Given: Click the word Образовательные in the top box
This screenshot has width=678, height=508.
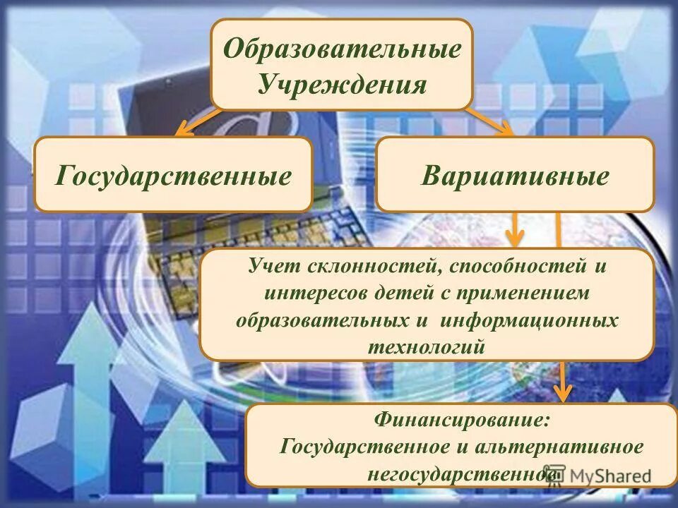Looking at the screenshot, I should pyautogui.click(x=343, y=49).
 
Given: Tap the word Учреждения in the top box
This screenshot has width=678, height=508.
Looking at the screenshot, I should pyautogui.click(x=343, y=85).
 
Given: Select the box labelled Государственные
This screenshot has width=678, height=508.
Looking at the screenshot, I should pyautogui.click(x=173, y=175).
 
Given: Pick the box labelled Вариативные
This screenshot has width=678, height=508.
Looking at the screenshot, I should pyautogui.click(x=515, y=175).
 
